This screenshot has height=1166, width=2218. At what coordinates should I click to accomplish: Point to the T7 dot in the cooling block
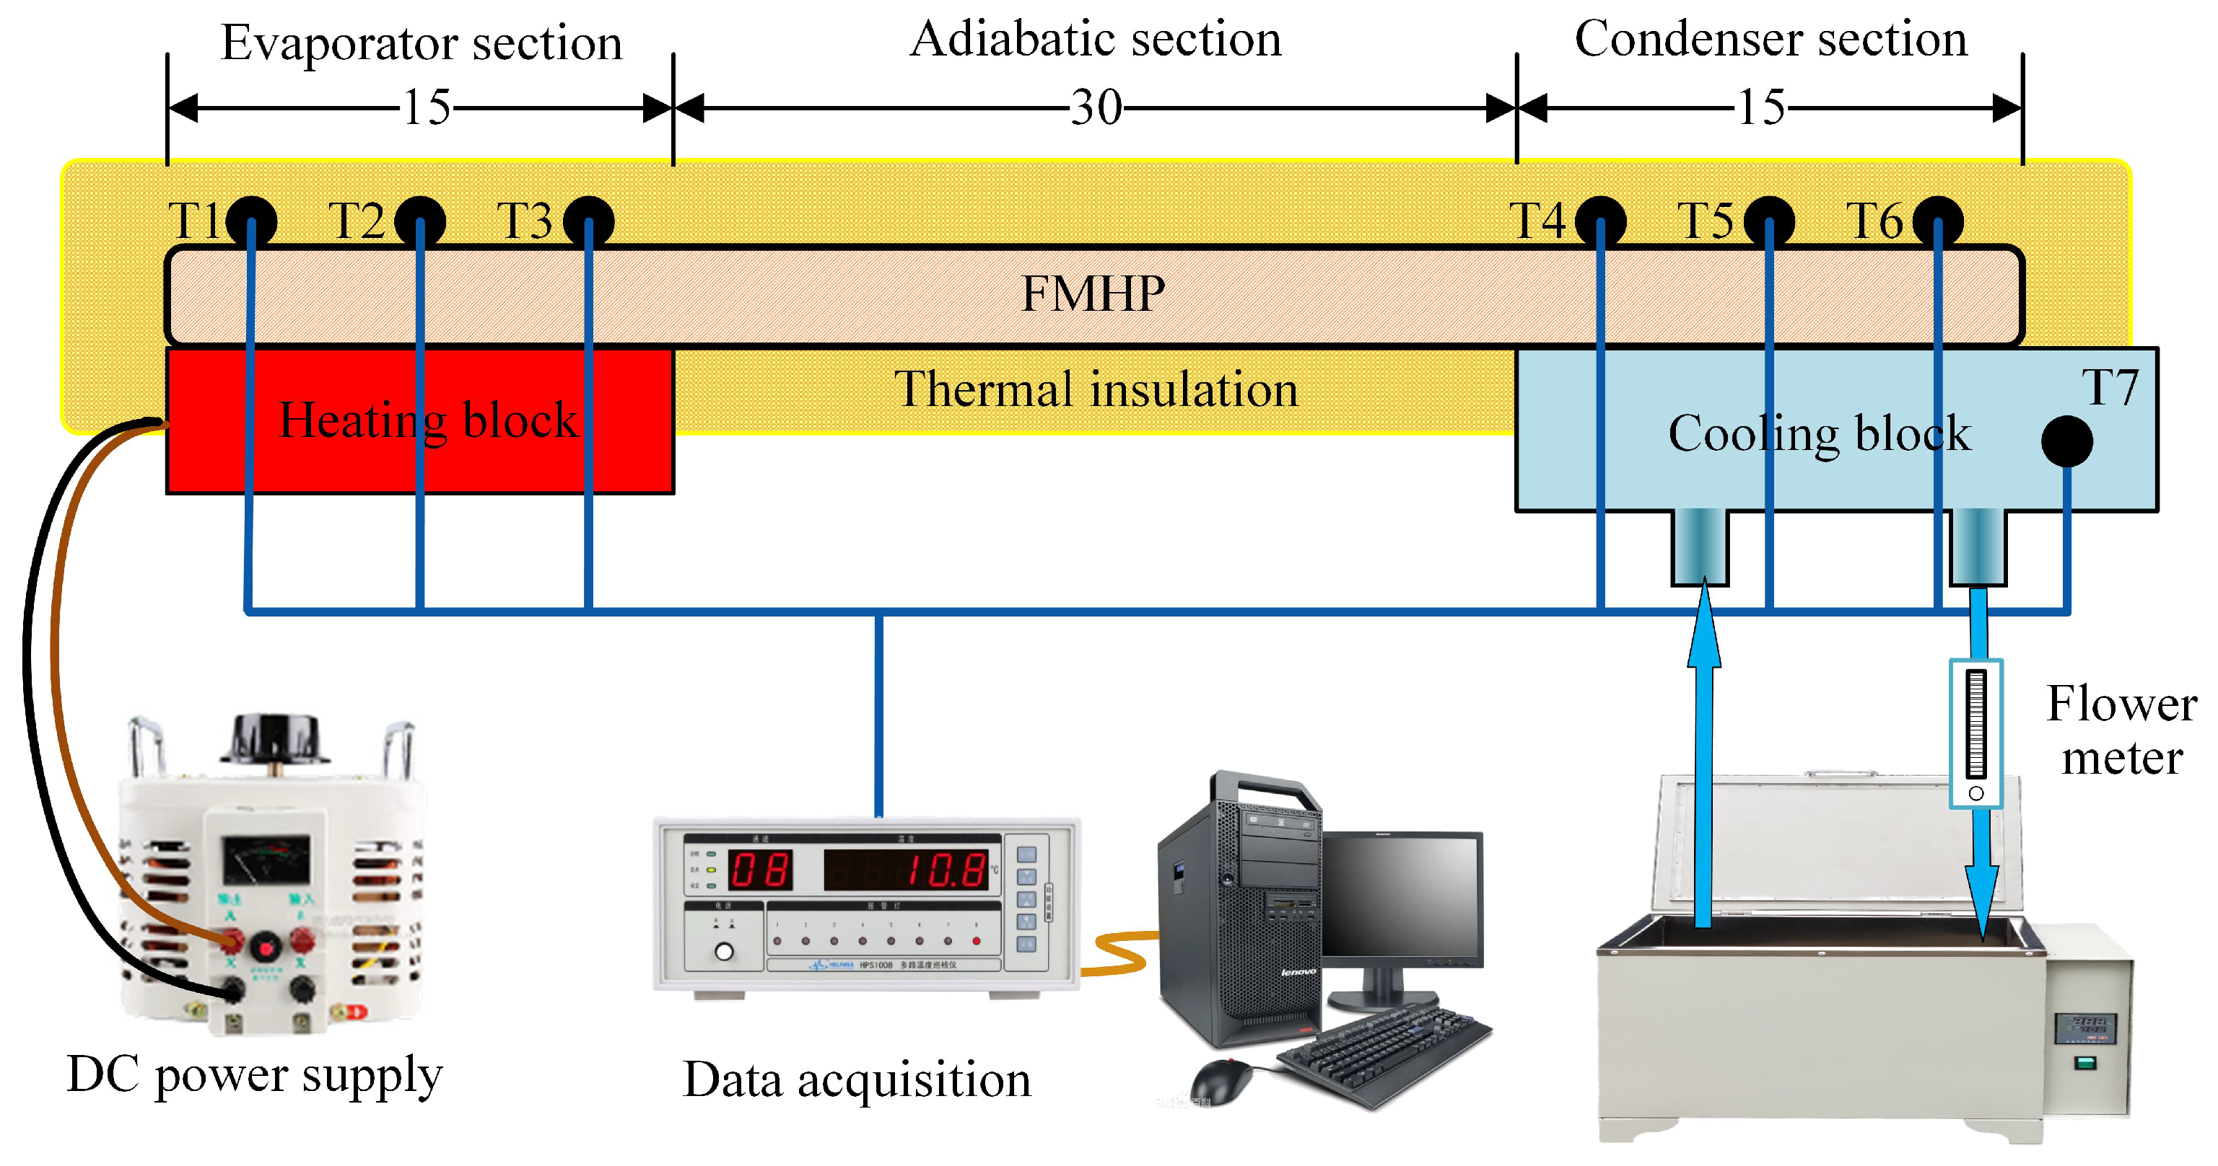point(2066,441)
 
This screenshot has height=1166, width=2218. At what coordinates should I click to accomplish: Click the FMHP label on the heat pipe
point(1093,294)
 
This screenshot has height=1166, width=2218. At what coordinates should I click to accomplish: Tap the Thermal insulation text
point(1095,390)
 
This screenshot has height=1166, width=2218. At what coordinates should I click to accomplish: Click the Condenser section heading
point(1771,40)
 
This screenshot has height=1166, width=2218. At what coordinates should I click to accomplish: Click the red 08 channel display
point(759,870)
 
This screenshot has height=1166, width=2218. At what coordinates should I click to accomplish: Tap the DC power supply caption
point(255,1075)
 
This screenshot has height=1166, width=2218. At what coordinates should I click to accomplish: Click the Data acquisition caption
point(856,1080)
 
